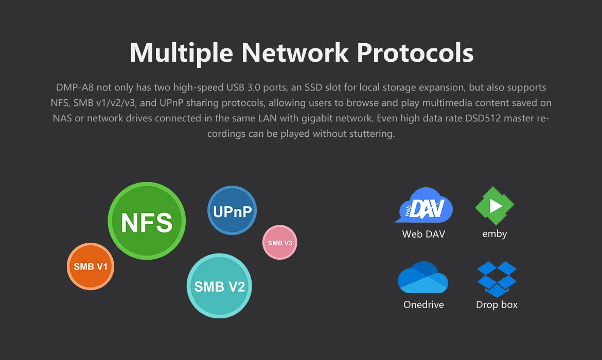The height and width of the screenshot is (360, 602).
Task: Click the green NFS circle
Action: [x=147, y=222]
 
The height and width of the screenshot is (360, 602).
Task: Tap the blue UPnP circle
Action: [x=232, y=210]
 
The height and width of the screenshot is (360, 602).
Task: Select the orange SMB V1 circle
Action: [x=91, y=266]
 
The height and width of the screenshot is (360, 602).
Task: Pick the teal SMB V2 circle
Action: [x=220, y=286]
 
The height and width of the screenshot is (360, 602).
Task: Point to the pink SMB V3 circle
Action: [x=280, y=242]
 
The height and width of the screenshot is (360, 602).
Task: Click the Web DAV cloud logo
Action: [x=424, y=206]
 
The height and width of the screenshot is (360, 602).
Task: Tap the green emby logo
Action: [x=494, y=206]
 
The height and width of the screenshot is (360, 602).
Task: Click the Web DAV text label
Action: [x=423, y=234]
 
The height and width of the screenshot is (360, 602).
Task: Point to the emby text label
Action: [x=494, y=234]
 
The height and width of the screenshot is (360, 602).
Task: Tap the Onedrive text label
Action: [x=423, y=304]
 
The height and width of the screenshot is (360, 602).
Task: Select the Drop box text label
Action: [x=497, y=304]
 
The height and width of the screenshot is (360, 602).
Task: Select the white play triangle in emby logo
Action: [x=495, y=206]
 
